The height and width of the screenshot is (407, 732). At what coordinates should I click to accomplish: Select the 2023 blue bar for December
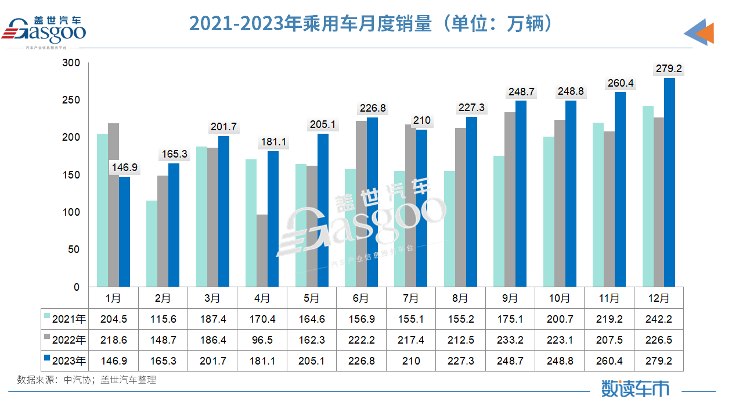point(669,182)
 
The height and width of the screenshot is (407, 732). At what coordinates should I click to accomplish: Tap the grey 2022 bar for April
point(262,251)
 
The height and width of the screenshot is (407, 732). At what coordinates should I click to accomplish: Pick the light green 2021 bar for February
point(152,244)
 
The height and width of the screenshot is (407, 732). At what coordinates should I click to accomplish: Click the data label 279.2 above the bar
point(669,69)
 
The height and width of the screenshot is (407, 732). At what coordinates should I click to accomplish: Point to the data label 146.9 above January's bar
point(125,167)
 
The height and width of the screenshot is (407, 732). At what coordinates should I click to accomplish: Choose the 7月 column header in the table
point(410,298)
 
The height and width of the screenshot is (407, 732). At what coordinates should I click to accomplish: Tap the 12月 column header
point(658,298)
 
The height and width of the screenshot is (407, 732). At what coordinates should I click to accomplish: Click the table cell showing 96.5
point(262,340)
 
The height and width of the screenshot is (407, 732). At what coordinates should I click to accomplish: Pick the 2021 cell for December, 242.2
point(658,319)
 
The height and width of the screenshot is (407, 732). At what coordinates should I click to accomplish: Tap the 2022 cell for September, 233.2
point(510,340)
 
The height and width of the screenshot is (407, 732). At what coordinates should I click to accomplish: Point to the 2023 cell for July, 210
point(410,361)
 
